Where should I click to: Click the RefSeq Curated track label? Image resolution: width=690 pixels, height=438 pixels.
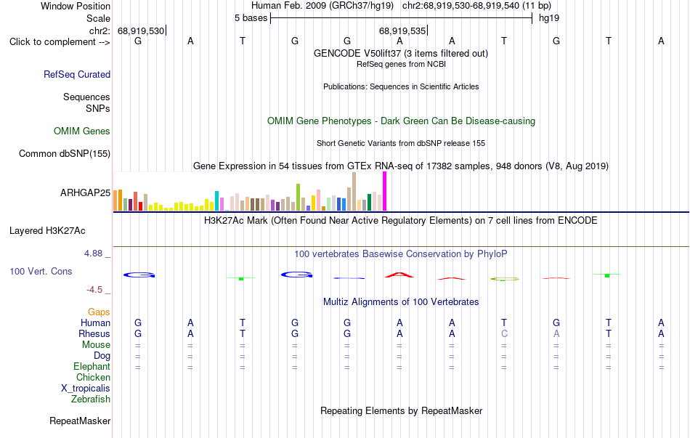click(x=77, y=74)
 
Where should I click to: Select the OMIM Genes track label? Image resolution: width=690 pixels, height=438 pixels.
click(x=82, y=131)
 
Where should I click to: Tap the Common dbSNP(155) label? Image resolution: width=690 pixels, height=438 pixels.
click(x=65, y=154)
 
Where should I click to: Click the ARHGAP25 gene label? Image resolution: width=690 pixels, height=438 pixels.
click(x=86, y=192)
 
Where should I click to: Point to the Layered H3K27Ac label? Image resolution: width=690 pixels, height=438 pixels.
click(x=47, y=231)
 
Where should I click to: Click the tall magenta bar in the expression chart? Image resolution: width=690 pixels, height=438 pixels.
click(x=385, y=191)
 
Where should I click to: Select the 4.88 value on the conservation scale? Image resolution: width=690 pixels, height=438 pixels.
click(x=93, y=254)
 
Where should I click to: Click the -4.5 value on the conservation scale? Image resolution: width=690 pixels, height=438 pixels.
click(x=94, y=290)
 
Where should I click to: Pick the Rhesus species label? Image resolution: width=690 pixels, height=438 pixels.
click(x=94, y=333)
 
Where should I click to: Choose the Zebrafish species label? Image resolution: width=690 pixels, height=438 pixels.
click(x=91, y=400)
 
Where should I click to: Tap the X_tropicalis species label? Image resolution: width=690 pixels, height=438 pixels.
click(x=86, y=389)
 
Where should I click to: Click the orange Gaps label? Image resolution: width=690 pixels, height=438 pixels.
click(x=99, y=312)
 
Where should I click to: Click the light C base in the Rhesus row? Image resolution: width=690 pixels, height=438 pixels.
click(x=504, y=333)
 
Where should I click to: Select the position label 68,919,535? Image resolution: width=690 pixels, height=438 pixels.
click(x=402, y=31)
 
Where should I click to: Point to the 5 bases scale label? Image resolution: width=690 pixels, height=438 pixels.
click(x=251, y=18)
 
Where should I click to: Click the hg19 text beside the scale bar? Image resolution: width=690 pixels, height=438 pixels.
click(x=549, y=18)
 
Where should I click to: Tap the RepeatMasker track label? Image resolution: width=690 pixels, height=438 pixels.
click(x=80, y=421)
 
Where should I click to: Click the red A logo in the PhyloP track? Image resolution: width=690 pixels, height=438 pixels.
click(x=399, y=275)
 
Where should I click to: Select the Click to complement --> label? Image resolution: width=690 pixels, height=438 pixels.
click(x=60, y=42)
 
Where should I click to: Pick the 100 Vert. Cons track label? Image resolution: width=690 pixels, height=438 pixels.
click(x=41, y=271)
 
